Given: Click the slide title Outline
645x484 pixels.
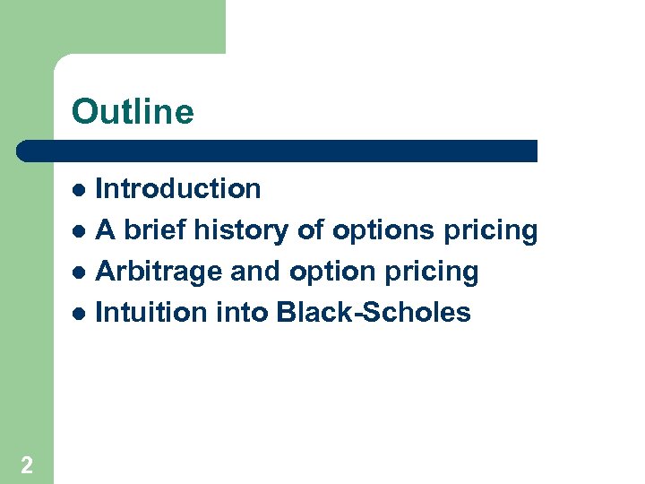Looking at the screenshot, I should [133, 112].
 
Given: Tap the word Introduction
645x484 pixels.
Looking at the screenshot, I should [178, 189].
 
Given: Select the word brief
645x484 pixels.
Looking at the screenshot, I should [156, 230].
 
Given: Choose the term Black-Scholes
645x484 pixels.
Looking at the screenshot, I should [374, 312].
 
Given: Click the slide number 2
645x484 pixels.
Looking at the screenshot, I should [27, 464].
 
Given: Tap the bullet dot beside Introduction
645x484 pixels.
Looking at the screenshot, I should [80, 190].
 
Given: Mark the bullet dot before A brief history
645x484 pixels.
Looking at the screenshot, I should [80, 231].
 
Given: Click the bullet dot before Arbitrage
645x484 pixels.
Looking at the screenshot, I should [80, 272].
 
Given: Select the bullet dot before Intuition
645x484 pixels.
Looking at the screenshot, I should [80, 313].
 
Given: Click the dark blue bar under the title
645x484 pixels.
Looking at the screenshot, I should [278, 151].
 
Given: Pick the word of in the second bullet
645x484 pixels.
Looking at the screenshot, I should [310, 230].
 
